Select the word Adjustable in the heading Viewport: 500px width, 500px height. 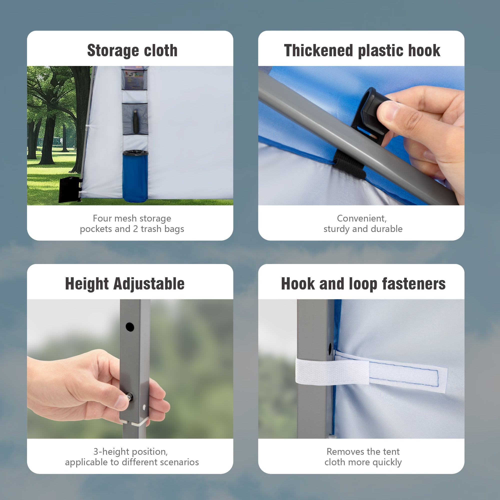(x=149, y=284)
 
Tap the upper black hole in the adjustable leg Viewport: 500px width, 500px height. (x=130, y=327)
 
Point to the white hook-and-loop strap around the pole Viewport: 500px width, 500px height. (x=371, y=371)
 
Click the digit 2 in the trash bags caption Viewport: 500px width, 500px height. (x=135, y=229)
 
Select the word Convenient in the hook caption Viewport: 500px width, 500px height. (x=361, y=219)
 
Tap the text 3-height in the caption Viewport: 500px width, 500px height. (x=112, y=451)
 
